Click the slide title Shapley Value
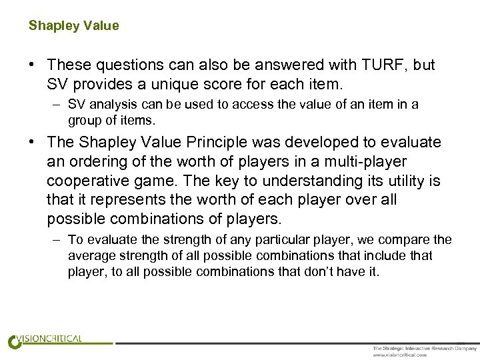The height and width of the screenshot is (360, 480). pos(73,26)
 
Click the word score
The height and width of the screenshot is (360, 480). pos(217,85)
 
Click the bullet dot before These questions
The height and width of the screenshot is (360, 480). pos(32,65)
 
